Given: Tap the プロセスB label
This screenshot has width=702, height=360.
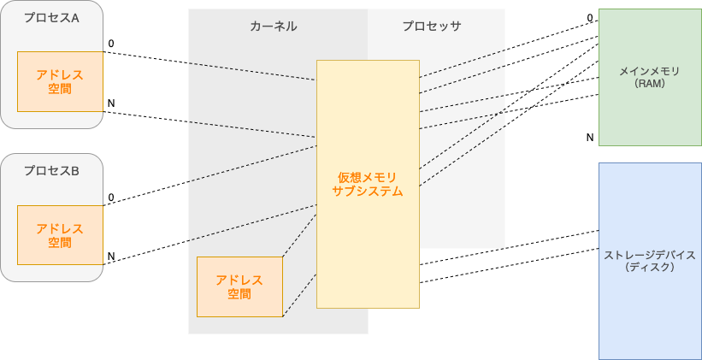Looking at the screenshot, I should [x=51, y=171].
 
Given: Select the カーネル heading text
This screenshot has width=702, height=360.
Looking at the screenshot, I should [x=274, y=26].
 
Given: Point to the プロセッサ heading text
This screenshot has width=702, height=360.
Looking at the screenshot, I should [x=432, y=26].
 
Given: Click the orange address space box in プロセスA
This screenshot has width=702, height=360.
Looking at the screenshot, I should [x=60, y=81].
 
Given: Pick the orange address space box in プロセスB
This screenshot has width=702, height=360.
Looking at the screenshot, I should [x=60, y=235].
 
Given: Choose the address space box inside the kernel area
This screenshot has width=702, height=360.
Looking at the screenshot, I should [x=239, y=286].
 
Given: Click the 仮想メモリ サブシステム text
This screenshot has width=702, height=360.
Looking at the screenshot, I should [x=368, y=184].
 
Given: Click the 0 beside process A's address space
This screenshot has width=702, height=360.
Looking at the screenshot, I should [x=110, y=43].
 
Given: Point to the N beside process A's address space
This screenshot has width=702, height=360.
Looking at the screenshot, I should [x=110, y=103].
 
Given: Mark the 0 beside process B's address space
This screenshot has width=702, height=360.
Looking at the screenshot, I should [x=110, y=198].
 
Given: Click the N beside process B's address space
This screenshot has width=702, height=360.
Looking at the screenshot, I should [x=110, y=256].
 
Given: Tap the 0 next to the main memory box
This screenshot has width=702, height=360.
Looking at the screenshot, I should [x=590, y=17].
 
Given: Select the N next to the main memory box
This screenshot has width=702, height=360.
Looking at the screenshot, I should [x=590, y=137].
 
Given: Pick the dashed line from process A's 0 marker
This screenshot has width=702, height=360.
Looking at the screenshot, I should [x=209, y=65].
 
